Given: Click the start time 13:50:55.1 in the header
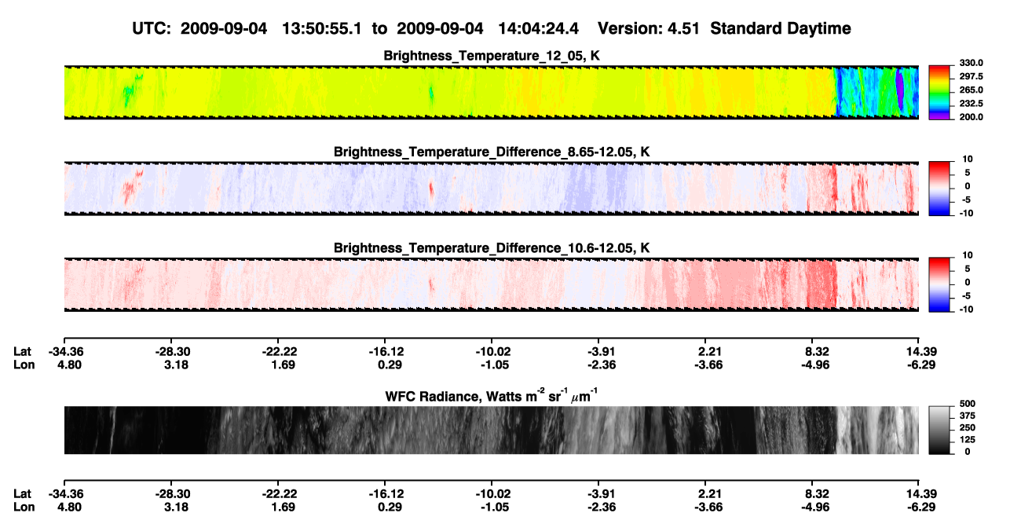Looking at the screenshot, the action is [x=322, y=28].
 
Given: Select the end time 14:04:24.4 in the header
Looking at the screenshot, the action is [x=538, y=28].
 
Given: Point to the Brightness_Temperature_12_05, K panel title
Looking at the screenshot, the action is [x=492, y=56].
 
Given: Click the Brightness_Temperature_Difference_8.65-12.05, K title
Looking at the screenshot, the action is [x=492, y=152].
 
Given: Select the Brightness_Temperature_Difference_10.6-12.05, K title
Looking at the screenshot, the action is [x=492, y=248].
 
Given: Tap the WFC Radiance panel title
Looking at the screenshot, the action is [x=492, y=396].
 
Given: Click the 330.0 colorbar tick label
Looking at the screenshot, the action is [x=971, y=63].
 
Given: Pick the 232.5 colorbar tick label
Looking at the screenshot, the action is [x=971, y=104].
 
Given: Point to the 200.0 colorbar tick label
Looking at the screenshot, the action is [x=971, y=117].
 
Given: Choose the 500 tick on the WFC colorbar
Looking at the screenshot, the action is [x=968, y=404].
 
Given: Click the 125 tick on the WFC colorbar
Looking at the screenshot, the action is [x=968, y=440].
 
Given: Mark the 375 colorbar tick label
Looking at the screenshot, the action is [x=968, y=416].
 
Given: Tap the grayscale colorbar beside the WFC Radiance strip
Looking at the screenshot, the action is [x=939, y=430].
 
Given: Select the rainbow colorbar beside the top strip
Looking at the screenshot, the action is [x=939, y=93].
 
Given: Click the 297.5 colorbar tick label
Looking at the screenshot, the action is [x=971, y=76].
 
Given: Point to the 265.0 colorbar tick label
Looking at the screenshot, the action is [x=971, y=90].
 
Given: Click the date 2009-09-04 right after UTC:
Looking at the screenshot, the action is [x=224, y=28].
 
